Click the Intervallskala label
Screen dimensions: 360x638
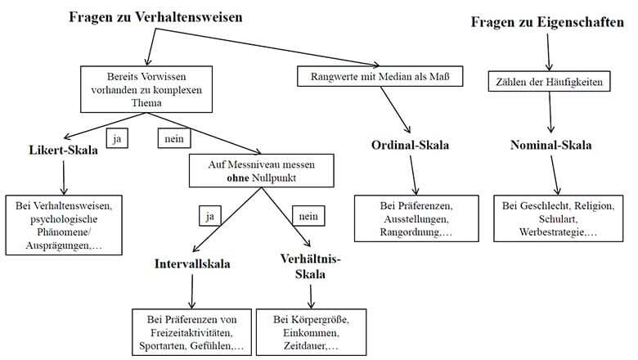pyautogui.click(x=193, y=264)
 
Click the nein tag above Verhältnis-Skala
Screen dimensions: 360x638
pyautogui.click(x=309, y=215)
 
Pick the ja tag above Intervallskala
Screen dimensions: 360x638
pyautogui.click(x=209, y=215)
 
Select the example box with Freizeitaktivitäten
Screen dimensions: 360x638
pyautogui.click(x=190, y=331)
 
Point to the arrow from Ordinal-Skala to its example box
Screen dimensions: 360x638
pyautogui.click(x=416, y=173)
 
